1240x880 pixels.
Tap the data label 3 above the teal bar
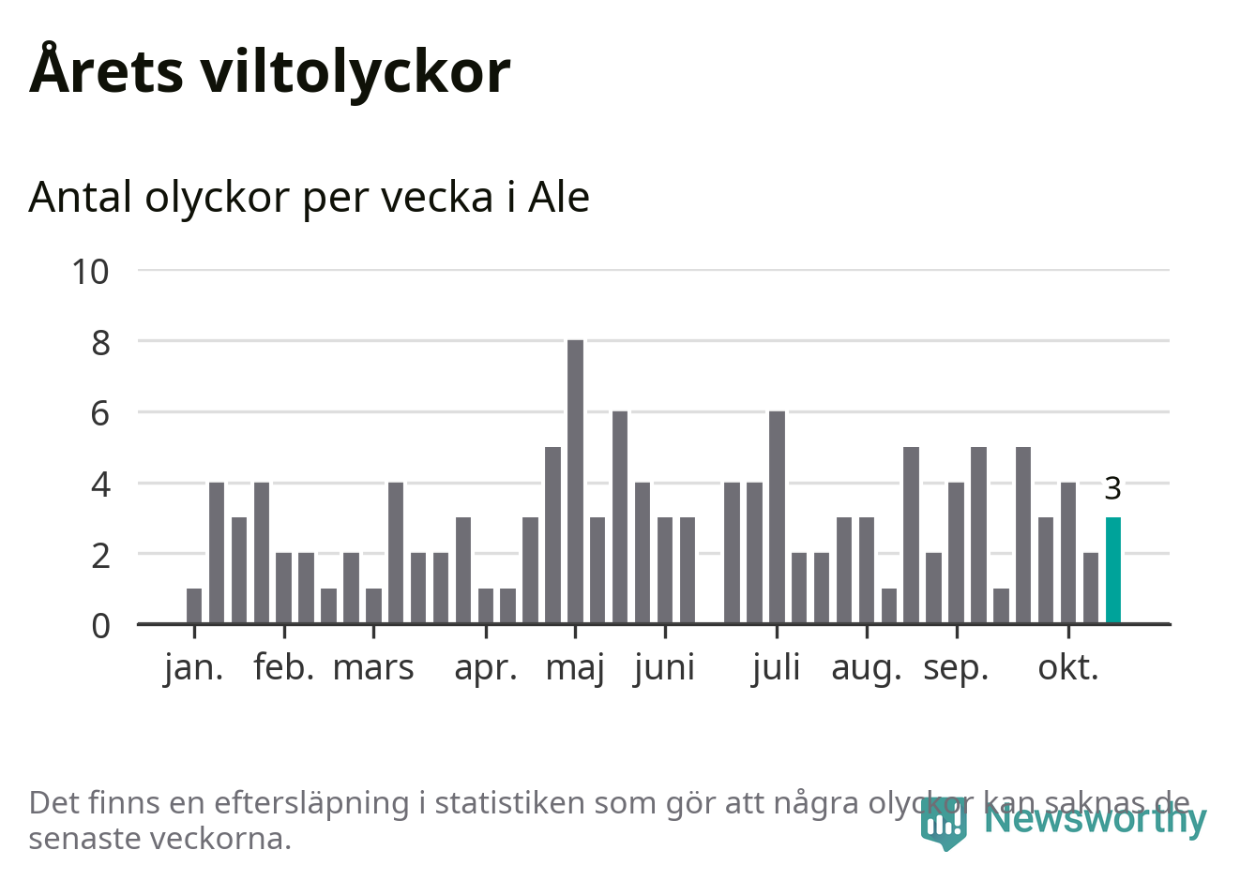1112,488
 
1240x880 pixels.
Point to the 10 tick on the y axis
91,272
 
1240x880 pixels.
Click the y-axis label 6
100,413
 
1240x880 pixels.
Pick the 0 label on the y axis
100,625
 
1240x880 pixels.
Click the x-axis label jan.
194,668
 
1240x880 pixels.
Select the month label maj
575,668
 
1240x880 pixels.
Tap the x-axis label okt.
1067,668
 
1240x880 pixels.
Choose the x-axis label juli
776,668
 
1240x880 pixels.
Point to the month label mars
373,668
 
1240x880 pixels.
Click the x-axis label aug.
866,668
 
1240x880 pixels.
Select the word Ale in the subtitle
559,197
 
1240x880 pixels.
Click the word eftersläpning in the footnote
310,803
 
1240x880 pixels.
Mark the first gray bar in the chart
194,605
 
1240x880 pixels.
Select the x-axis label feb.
283,668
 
